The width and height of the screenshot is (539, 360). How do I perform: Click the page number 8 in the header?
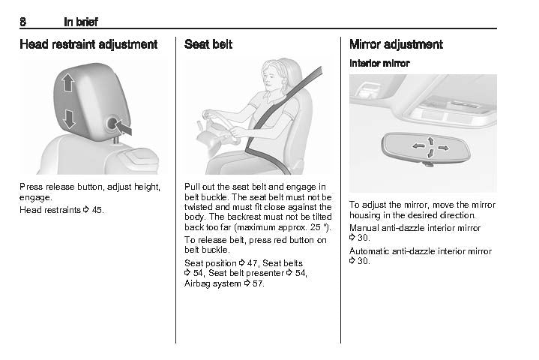click(22, 22)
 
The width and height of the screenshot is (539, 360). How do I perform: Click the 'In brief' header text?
click(81, 22)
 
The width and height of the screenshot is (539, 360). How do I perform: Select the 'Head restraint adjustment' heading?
click(88, 44)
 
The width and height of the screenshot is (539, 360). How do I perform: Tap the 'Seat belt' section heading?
click(208, 44)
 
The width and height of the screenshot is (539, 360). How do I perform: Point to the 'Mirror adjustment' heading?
click(396, 44)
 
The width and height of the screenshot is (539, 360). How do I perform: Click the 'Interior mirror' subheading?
click(379, 63)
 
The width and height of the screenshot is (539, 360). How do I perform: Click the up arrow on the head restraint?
click(68, 82)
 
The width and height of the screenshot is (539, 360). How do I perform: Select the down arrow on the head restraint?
click(69, 119)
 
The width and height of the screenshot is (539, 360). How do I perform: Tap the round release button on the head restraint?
click(112, 123)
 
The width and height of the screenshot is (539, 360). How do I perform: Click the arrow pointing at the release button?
click(123, 128)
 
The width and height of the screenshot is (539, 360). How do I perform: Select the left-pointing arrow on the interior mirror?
click(419, 146)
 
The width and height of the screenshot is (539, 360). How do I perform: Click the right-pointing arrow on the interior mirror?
click(444, 148)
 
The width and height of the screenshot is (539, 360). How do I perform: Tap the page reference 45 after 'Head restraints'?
click(97, 210)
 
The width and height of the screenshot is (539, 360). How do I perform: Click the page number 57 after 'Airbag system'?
click(258, 283)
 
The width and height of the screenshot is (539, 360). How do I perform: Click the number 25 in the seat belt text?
click(315, 227)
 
